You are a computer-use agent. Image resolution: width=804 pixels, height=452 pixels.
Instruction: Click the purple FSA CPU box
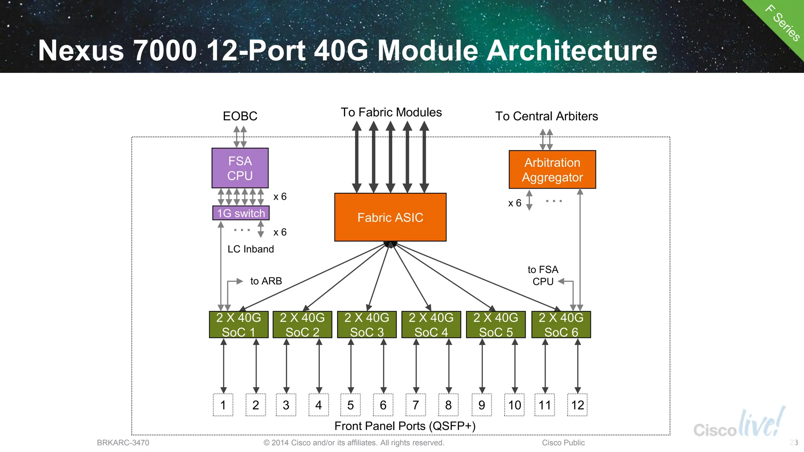[240, 168]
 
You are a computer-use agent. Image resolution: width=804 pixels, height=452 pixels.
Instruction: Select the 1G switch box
[241, 213]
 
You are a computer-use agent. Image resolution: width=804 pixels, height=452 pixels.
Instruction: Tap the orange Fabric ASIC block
[390, 217]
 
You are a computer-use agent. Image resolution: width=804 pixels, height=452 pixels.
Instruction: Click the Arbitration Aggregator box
[552, 169]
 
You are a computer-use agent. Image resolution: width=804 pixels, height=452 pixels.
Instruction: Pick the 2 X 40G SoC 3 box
[367, 325]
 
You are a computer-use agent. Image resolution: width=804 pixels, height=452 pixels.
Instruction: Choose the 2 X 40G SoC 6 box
[561, 325]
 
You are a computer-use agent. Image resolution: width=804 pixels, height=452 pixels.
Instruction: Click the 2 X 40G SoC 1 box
[238, 325]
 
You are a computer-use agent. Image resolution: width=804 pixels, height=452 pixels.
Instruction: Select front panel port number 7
[415, 405]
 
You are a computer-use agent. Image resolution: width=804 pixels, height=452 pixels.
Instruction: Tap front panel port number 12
[577, 405]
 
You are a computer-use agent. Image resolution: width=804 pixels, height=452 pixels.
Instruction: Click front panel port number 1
[223, 405]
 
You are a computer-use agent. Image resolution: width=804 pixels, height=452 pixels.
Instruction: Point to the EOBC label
[240, 116]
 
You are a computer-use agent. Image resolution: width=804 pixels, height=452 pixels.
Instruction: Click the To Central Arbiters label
[546, 116]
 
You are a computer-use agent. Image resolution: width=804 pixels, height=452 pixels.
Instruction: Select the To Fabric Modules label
[391, 113]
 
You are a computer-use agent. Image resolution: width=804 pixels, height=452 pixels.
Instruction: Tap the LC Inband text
[250, 249]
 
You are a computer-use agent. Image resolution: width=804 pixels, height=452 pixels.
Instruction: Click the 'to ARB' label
[266, 281]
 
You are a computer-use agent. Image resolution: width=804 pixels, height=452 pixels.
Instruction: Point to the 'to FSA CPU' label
[543, 275]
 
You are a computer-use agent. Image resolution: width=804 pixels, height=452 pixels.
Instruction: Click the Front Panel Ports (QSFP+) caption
[405, 426]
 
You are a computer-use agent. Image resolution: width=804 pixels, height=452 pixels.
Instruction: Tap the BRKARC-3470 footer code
[123, 443]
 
